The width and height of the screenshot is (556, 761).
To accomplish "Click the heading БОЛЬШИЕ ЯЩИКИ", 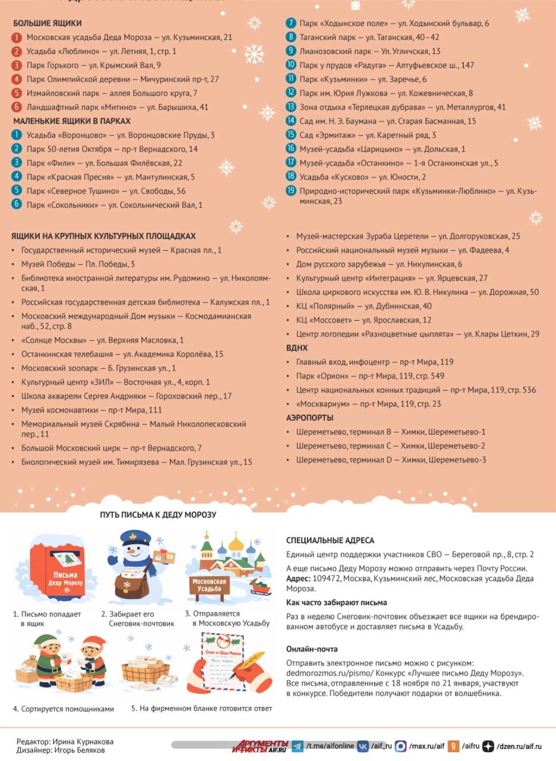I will tap(47, 23).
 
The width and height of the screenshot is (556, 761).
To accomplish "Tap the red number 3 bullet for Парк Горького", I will tap(17, 65).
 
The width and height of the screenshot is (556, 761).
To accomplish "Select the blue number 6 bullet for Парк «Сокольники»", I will tap(17, 205).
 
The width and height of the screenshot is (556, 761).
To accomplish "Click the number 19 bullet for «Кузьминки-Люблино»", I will tap(291, 191).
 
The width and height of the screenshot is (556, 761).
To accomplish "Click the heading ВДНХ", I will tap(297, 348).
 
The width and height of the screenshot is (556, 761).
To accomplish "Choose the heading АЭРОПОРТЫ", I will tap(310, 418).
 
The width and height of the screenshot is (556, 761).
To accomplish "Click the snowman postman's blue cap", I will tap(136, 539).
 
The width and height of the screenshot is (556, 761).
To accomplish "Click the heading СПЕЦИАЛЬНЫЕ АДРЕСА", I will tap(330, 540).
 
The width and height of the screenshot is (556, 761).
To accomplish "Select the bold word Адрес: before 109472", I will tap(298, 578).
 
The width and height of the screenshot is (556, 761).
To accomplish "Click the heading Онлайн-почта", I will tap(312, 649).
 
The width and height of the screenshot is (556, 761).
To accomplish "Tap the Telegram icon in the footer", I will tap(297, 746).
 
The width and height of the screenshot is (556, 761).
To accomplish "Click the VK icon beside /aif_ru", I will tap(363, 746).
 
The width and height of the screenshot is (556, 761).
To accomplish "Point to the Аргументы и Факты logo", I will tap(260, 746).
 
